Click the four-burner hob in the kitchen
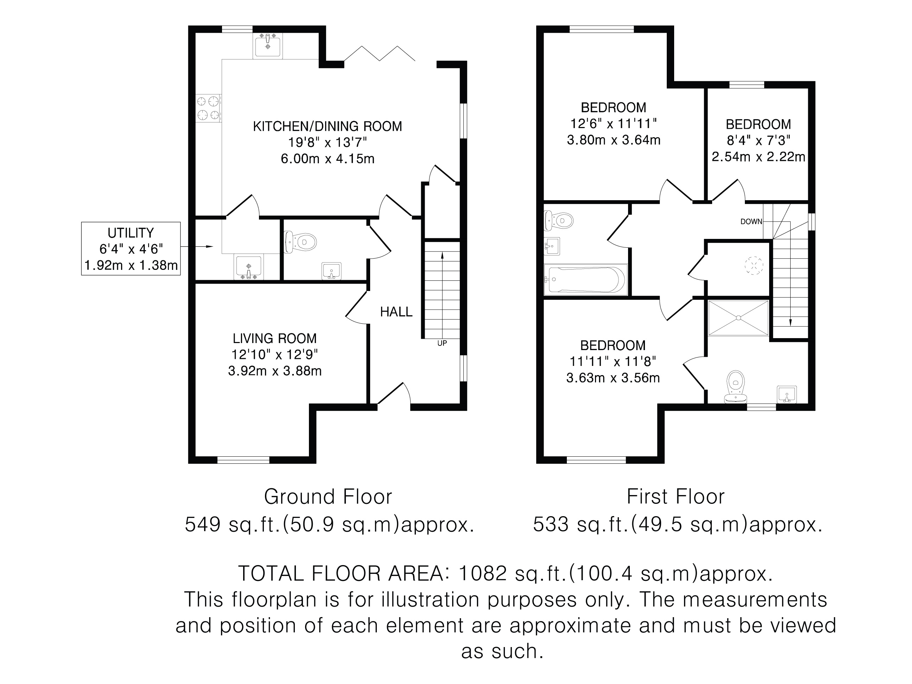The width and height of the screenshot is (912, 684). point(208,108)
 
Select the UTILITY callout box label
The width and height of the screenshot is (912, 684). point(131,233)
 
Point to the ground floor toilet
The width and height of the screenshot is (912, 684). point(300,242)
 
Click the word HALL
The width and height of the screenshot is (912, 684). point(396,312)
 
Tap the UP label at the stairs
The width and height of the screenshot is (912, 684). point(442,343)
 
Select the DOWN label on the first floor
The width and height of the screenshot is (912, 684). point(751,222)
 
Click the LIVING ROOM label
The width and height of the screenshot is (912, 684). point(274,338)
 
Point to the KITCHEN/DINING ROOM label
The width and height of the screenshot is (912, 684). point(327,126)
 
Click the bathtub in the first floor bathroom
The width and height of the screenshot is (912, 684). point(585,280)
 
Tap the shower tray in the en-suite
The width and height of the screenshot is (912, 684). point(739,317)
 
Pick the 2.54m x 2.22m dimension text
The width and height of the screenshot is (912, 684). point(758,157)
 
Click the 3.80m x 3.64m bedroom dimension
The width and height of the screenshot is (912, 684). point(614,140)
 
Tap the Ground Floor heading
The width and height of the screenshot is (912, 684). point(328,497)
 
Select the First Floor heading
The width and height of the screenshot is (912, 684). point(675,497)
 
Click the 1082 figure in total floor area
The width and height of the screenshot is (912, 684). point(482,574)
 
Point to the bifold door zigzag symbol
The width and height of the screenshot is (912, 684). point(379,53)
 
